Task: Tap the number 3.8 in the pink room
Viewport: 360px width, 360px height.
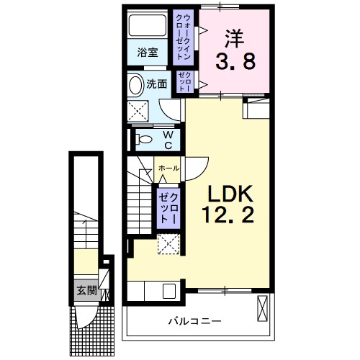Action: [235, 63]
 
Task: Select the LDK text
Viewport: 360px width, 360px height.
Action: [230, 194]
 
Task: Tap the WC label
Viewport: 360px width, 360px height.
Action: [166, 139]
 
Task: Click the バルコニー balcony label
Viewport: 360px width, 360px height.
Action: [194, 320]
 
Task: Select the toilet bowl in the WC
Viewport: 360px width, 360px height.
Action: [142, 139]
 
